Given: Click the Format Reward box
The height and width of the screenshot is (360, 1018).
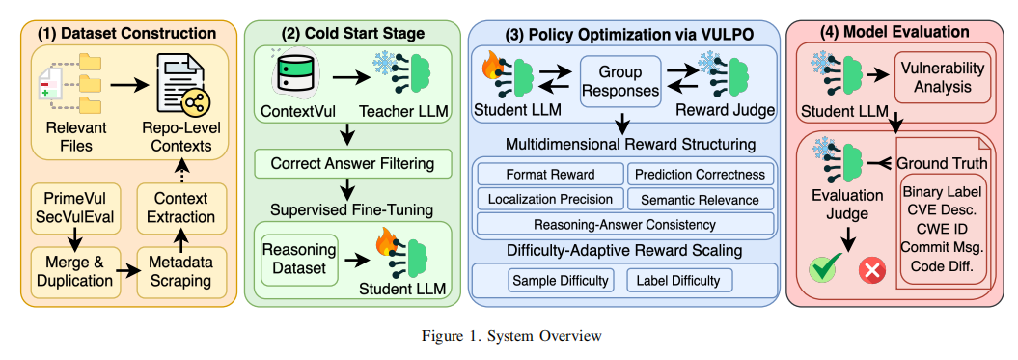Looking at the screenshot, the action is (x=551, y=174).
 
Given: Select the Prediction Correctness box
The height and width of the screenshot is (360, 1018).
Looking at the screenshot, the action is (x=701, y=174).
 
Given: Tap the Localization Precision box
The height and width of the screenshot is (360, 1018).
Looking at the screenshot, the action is (x=551, y=199).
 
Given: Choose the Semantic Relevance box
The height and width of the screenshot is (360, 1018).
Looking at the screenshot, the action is (x=701, y=199).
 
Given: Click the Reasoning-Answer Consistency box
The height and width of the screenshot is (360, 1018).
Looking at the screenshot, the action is (x=625, y=224).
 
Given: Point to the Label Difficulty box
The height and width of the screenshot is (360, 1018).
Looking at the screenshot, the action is (x=679, y=281).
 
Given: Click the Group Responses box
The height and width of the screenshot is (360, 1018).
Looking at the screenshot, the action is (x=620, y=81).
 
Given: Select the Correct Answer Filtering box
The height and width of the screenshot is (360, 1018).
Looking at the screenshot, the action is (x=353, y=164).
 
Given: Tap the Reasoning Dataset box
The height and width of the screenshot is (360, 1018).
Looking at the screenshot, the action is (x=299, y=260).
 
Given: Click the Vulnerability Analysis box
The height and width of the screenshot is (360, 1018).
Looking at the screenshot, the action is (x=944, y=77).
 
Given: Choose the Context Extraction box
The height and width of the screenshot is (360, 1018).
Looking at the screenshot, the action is (x=181, y=208).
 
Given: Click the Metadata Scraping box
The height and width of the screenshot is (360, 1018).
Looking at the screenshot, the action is (x=181, y=272).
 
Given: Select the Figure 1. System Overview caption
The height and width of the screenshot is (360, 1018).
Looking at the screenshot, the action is (x=511, y=336).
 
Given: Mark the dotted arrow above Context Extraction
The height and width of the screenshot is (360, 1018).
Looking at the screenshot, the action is (x=181, y=171).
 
